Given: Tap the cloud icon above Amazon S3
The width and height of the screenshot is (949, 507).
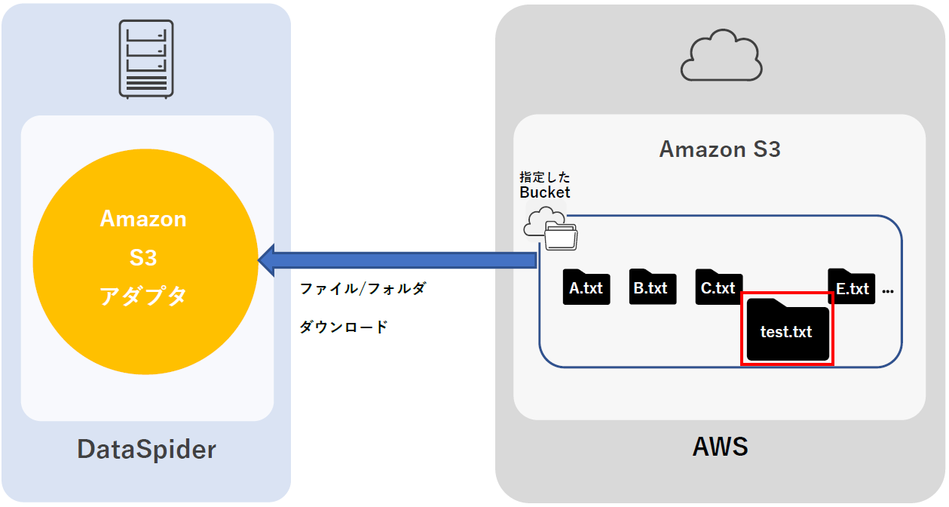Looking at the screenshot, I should pyautogui.click(x=721, y=56).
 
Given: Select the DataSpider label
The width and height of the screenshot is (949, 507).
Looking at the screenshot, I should pyautogui.click(x=146, y=450).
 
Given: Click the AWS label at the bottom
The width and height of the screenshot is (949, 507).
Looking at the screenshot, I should pyautogui.click(x=720, y=447).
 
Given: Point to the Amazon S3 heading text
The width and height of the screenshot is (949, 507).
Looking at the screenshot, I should pyautogui.click(x=720, y=149).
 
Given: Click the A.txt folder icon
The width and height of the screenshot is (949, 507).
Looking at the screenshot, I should pyautogui.click(x=586, y=287).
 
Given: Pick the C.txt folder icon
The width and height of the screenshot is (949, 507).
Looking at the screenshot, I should pyautogui.click(x=718, y=287).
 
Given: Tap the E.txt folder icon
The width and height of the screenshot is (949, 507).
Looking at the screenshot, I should pyautogui.click(x=851, y=287).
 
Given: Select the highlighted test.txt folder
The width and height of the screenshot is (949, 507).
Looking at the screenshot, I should pyautogui.click(x=787, y=330).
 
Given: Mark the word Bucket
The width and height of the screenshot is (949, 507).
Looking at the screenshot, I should pyautogui.click(x=545, y=192).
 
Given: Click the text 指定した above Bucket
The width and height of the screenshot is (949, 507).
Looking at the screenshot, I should pyautogui.click(x=545, y=177).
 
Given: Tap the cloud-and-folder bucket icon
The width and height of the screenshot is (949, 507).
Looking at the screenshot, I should pyautogui.click(x=551, y=229).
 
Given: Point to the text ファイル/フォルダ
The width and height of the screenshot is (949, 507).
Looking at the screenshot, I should pyautogui.click(x=363, y=288).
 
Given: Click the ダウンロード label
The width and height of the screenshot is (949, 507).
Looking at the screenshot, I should pyautogui.click(x=344, y=327).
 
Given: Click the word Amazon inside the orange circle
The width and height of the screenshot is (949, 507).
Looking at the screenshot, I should pyautogui.click(x=143, y=220).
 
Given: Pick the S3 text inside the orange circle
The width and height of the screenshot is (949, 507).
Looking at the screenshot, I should pyautogui.click(x=143, y=258).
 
